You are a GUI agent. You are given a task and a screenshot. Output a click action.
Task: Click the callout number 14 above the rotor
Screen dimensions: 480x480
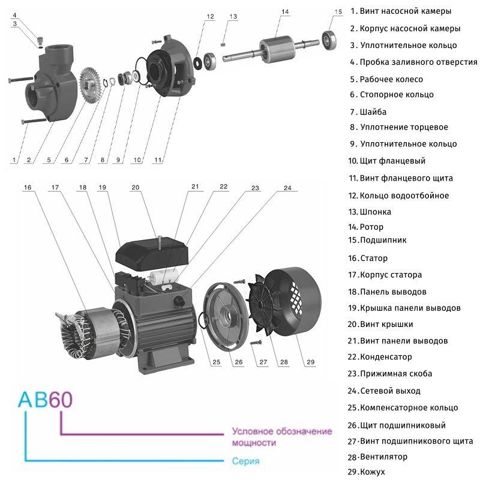pos(284,11)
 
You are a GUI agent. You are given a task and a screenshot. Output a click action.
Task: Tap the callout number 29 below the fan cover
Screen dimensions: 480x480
pos(310,362)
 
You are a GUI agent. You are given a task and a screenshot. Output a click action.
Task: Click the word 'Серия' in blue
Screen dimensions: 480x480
pos(245,461)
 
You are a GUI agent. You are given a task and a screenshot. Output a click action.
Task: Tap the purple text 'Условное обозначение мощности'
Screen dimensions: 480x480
pos(281,437)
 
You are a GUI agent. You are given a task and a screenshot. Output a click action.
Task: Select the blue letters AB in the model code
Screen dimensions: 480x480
pos(32,400)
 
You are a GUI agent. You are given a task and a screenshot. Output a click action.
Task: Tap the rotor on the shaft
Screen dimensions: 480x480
pos(277,49)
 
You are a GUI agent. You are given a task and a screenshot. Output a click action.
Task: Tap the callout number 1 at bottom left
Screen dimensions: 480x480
pos(13,160)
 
